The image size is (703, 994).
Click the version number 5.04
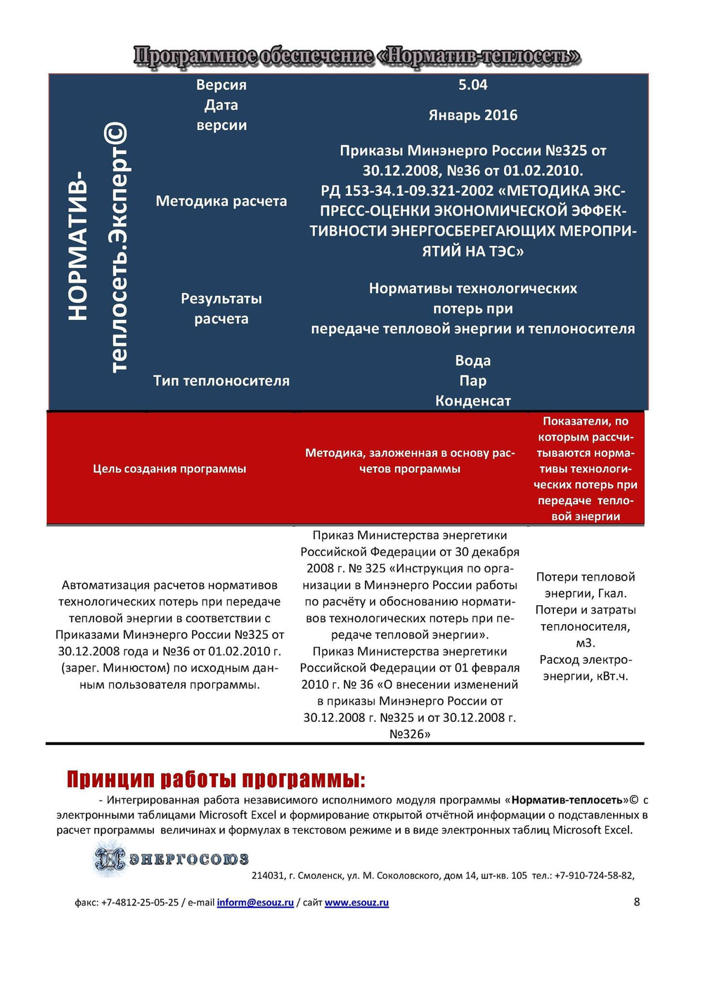[x=472, y=85]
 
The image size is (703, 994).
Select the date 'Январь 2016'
[x=472, y=115]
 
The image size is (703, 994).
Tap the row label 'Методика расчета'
[x=221, y=201]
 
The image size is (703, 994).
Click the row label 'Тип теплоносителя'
[x=221, y=381]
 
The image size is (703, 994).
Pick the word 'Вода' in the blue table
[x=472, y=361]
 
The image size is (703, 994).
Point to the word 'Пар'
[x=472, y=381]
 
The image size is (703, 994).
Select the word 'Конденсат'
[x=472, y=401]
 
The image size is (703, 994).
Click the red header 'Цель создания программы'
[x=169, y=469]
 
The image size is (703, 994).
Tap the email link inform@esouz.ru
[x=255, y=903]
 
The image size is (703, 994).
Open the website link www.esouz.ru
[x=356, y=903]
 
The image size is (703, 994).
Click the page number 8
[x=637, y=902]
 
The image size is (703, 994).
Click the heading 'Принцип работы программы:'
[x=216, y=780]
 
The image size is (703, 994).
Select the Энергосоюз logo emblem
[x=110, y=859]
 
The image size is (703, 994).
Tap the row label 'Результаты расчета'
[x=221, y=309]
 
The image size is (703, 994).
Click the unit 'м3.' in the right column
[x=585, y=643]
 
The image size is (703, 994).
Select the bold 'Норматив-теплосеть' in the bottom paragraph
[x=567, y=800]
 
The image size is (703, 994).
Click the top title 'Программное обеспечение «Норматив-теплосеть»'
[x=357, y=56]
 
